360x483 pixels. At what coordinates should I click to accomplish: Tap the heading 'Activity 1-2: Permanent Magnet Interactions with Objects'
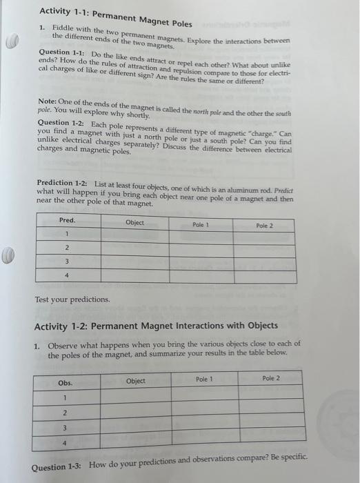(x=157, y=325)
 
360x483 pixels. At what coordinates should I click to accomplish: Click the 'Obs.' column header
(x=66, y=382)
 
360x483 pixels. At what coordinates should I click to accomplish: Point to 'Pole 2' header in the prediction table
(x=265, y=226)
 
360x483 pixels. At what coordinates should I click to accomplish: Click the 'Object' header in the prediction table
(x=135, y=222)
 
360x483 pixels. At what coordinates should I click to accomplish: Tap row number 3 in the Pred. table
(x=66, y=262)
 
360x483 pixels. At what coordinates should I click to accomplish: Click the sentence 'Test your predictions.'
(x=72, y=299)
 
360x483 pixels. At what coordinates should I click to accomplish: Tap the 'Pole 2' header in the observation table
(x=271, y=378)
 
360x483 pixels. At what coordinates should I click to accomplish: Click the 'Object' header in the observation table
(x=136, y=381)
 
